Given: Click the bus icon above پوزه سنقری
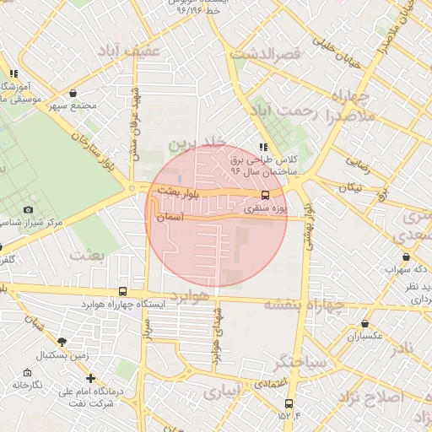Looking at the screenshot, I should [x=267, y=193].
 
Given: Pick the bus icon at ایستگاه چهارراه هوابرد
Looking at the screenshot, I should [x=124, y=291].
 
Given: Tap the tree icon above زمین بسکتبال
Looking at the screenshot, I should [x=62, y=342].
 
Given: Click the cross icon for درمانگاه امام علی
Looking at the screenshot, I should [x=90, y=378].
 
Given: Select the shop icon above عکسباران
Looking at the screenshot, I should [x=364, y=323].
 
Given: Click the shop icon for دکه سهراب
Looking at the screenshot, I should [x=407, y=256].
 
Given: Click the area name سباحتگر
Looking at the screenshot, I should [x=299, y=362].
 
